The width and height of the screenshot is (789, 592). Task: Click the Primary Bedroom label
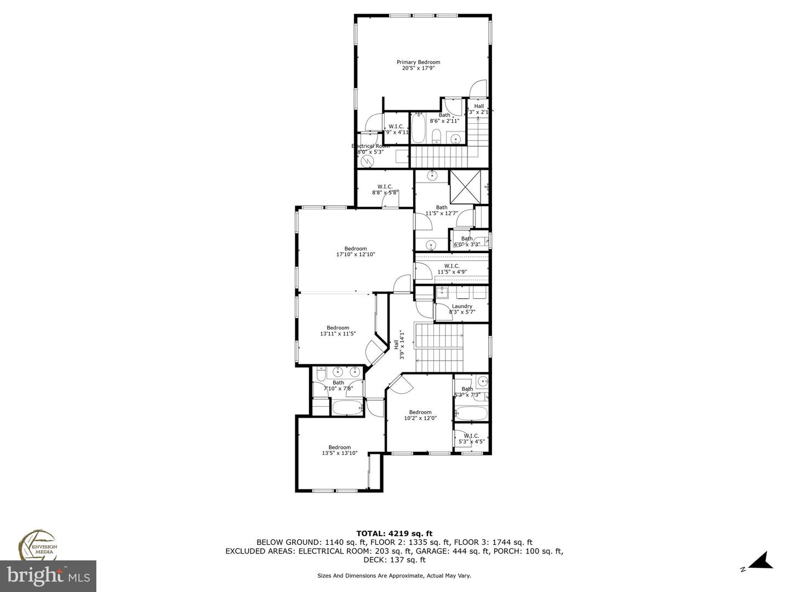[x=418, y=62]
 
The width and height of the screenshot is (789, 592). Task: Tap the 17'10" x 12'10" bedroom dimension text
[x=355, y=254]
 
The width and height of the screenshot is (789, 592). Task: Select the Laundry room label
[x=462, y=306]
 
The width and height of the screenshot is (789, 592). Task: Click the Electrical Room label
[x=370, y=146]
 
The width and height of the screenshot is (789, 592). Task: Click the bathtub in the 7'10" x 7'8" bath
[x=347, y=407]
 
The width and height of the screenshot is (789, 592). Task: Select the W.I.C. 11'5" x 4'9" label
[x=451, y=269]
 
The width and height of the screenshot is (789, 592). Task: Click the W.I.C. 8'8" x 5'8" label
[x=385, y=190]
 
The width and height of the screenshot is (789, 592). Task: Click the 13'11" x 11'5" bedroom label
[x=338, y=331]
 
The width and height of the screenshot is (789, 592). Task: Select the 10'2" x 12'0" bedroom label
[x=420, y=415]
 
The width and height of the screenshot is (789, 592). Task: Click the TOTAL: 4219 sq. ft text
[x=394, y=533]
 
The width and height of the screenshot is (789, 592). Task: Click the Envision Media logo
[x=38, y=546]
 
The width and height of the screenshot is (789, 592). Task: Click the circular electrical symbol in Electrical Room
[x=367, y=161]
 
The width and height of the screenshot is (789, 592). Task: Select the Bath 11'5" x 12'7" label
[x=441, y=210]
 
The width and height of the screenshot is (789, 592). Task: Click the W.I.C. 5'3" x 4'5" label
[x=471, y=439]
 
